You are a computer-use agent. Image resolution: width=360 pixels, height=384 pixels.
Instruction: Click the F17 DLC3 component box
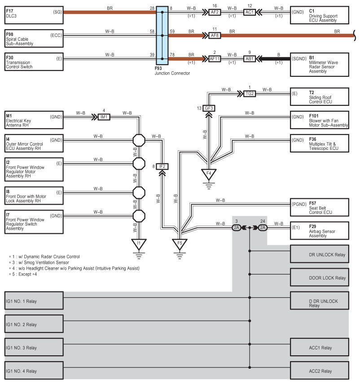click(34, 15)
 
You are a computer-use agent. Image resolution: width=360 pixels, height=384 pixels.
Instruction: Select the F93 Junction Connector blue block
click(162, 35)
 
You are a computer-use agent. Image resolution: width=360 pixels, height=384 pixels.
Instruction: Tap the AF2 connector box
click(215, 12)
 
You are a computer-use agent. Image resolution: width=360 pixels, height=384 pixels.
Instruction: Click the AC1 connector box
click(250, 12)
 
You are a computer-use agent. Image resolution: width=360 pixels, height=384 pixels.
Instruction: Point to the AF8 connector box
click(215, 35)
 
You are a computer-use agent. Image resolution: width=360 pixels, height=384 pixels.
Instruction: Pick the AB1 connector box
click(250, 59)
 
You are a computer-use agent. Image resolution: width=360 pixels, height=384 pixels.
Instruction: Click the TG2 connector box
click(250, 94)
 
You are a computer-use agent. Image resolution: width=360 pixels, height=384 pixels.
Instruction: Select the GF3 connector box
click(209, 108)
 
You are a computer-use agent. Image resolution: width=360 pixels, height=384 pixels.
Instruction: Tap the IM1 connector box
click(104, 117)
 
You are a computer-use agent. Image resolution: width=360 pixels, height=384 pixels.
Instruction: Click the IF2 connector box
click(162, 166)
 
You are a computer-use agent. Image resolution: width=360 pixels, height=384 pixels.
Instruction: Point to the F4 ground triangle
click(209, 175)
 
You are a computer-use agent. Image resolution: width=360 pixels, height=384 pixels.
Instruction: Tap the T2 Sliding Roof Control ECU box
click(320, 97)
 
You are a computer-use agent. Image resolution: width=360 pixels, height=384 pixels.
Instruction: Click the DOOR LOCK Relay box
click(320, 277)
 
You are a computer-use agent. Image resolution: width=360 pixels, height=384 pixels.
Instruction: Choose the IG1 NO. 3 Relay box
click(34, 347)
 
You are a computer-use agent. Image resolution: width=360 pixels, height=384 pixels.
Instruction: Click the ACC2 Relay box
click(320, 371)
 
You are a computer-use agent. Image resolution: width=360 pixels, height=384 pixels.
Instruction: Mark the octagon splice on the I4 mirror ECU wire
click(139, 140)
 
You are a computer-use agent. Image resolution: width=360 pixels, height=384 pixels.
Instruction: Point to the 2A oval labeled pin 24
click(263, 228)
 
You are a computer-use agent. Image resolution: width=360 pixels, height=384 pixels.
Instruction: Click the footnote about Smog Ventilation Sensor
click(39, 262)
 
